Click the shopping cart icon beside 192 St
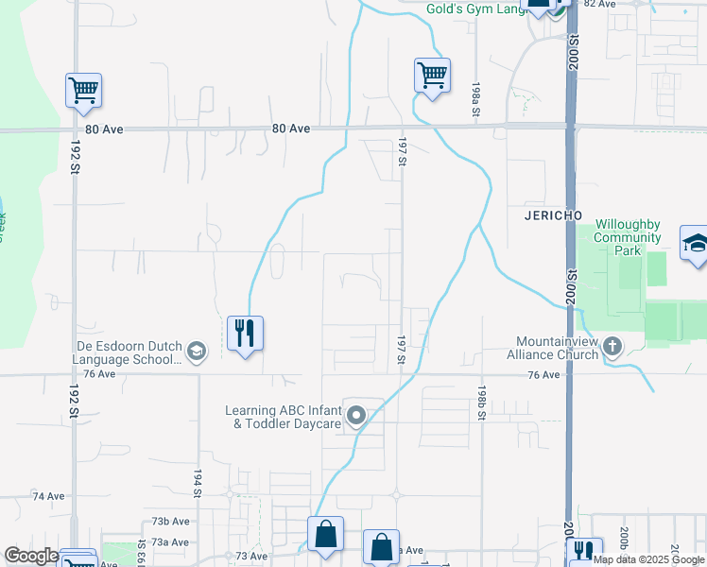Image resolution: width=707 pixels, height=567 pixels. click(x=83, y=91)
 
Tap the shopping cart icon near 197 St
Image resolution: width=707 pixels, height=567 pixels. click(x=432, y=75)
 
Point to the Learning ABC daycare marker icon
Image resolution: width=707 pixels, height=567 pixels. click(x=356, y=416)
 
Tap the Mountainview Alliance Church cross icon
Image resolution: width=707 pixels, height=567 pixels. click(x=612, y=347)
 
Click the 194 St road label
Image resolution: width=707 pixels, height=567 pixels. click(x=198, y=484)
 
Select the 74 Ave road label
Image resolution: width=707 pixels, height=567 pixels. click(x=48, y=495)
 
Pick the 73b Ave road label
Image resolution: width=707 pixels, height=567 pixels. click(x=173, y=521)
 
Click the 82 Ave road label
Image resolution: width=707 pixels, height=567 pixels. click(x=599, y=4)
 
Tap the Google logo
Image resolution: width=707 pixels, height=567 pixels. click(x=31, y=557)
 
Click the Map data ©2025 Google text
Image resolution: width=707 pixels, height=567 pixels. click(x=648, y=559)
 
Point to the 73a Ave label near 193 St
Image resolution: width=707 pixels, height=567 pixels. click(x=173, y=541)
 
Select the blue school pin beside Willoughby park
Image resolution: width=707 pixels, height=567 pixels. click(x=696, y=245)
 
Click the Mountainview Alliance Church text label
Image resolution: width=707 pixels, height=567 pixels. click(x=557, y=347)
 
